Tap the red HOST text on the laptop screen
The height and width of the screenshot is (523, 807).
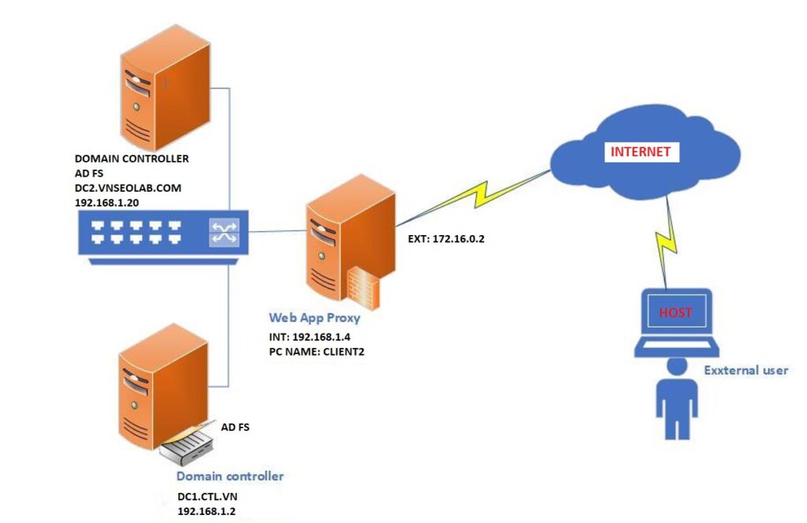pos(676,312)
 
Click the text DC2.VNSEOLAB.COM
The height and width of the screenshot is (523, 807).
pos(128,187)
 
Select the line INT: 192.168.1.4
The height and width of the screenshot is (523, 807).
pos(311,337)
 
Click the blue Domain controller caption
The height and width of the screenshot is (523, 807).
pos(229,476)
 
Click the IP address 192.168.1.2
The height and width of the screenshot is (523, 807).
pos(206,511)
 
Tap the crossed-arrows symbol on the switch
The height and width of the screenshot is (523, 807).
pos(223,232)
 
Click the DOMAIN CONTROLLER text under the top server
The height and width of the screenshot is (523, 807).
pos(132,159)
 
